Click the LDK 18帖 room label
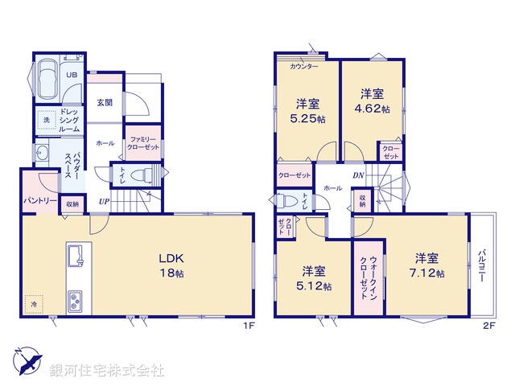point(171,266)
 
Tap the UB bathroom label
point(72,76)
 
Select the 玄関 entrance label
point(105,102)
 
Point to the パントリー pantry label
point(38,199)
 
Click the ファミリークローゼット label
point(143,144)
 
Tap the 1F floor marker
point(249,326)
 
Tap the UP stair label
point(105,201)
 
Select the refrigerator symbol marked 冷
point(35,304)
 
